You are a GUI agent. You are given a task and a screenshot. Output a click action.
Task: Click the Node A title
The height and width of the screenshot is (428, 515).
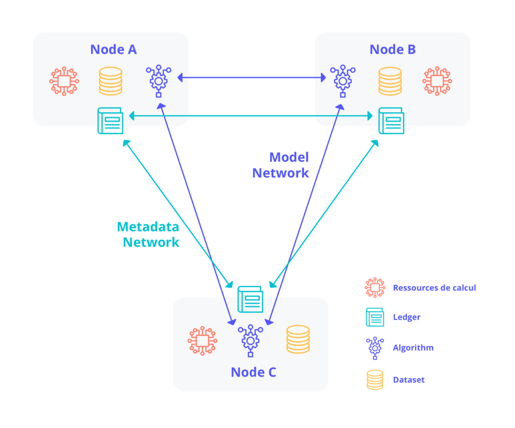[x=113, y=49]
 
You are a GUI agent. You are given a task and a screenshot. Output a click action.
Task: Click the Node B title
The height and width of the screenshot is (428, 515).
[x=392, y=49]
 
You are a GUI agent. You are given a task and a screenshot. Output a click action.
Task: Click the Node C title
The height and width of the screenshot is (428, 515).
[x=253, y=372]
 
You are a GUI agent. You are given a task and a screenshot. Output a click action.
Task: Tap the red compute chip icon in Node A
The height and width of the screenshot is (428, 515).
[x=64, y=81]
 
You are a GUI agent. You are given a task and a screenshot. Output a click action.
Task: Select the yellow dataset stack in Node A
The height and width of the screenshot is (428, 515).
[x=111, y=81]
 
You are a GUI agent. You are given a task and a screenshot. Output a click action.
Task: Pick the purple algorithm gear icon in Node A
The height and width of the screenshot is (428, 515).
[x=159, y=80]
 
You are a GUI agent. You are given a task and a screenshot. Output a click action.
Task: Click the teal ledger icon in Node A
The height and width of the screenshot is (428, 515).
[x=110, y=121]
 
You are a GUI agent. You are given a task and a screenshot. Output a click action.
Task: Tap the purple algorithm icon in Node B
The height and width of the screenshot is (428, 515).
[x=342, y=80]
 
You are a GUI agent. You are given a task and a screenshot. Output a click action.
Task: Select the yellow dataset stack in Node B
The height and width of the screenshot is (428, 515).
[x=390, y=81]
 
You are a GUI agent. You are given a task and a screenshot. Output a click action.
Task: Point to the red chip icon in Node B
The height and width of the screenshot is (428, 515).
[x=437, y=81]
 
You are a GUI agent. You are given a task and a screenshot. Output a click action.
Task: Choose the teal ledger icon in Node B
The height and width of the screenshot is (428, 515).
[x=391, y=121]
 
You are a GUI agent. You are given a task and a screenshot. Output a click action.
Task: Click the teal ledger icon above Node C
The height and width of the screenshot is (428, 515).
[x=250, y=299]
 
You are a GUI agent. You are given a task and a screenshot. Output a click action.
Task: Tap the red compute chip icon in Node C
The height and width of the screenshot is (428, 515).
[x=202, y=340]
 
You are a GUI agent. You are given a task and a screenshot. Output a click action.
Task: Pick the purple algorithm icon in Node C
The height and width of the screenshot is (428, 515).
[x=250, y=340]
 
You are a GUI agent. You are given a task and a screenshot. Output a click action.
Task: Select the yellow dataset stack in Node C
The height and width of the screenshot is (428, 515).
[x=298, y=339]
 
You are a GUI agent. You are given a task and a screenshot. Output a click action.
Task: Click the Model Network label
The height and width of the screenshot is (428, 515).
[x=281, y=165]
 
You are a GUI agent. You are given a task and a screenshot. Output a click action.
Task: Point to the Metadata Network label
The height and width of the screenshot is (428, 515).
[x=149, y=234]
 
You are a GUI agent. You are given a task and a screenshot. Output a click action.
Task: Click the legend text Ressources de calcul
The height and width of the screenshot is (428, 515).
[x=434, y=287]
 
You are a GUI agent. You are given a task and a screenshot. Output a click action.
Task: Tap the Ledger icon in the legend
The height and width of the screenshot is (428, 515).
[x=375, y=317]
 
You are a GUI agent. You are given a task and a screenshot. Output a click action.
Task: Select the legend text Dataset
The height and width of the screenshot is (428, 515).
[x=408, y=380]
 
